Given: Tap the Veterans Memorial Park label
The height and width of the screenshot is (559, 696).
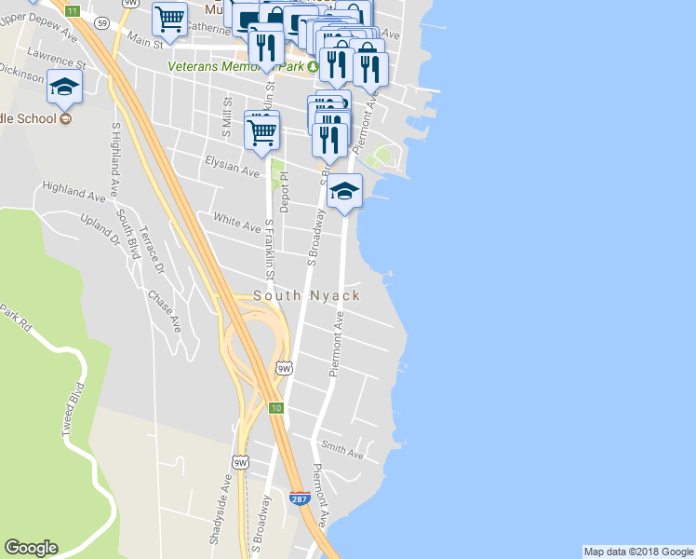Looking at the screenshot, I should [236, 66].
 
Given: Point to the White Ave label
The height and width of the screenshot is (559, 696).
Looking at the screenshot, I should [237, 224].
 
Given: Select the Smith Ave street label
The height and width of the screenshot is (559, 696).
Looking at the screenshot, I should [341, 451].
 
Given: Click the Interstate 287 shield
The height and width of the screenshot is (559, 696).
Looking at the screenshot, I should [299, 499].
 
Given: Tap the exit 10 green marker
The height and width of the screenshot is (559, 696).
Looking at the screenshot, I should [276, 408].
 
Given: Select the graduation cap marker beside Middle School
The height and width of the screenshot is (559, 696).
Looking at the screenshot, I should [65, 88].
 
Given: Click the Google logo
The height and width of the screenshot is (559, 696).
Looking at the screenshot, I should [31, 548].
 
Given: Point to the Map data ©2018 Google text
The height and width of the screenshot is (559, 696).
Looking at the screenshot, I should [637, 552].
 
